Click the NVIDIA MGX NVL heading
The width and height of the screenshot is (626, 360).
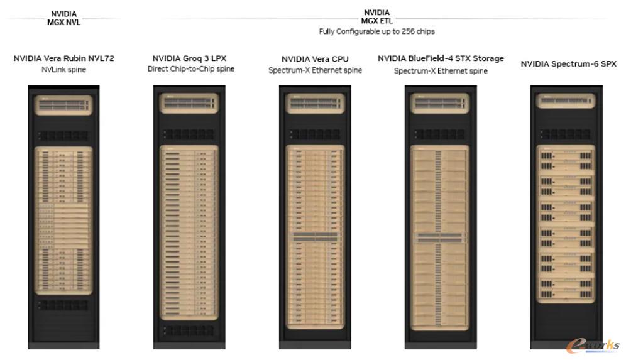tap(64, 18)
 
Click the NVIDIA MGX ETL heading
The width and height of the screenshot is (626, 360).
tap(377, 17)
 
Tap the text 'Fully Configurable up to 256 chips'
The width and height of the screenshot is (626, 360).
tap(377, 31)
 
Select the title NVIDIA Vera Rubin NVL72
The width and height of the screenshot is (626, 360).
tap(64, 58)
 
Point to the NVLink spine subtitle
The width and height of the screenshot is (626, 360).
tap(64, 70)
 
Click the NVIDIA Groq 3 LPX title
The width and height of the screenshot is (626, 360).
tap(189, 58)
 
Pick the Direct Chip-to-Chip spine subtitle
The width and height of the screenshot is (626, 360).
tap(191, 68)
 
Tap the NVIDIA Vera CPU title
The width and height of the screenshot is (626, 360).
tap(315, 59)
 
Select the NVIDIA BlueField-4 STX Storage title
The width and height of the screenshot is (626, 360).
tap(441, 58)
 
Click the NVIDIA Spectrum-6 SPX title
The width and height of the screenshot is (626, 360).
tap(569, 64)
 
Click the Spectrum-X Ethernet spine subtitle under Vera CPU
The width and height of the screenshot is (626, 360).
tap(315, 70)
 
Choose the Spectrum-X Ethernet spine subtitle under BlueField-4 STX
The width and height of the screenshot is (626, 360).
tap(441, 71)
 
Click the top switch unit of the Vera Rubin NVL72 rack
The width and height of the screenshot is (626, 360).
tap(64, 105)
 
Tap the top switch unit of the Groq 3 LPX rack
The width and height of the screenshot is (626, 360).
tap(189, 104)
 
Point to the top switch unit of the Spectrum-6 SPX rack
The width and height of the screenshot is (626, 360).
tap(566, 101)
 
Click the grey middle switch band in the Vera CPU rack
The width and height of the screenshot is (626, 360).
tap(315, 237)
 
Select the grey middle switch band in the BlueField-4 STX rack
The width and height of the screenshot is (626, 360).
tap(440, 238)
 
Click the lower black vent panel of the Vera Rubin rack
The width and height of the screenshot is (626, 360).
tap(63, 305)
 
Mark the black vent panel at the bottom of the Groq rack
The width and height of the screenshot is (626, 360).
tap(189, 330)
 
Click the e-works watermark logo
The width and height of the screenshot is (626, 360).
tap(593, 346)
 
